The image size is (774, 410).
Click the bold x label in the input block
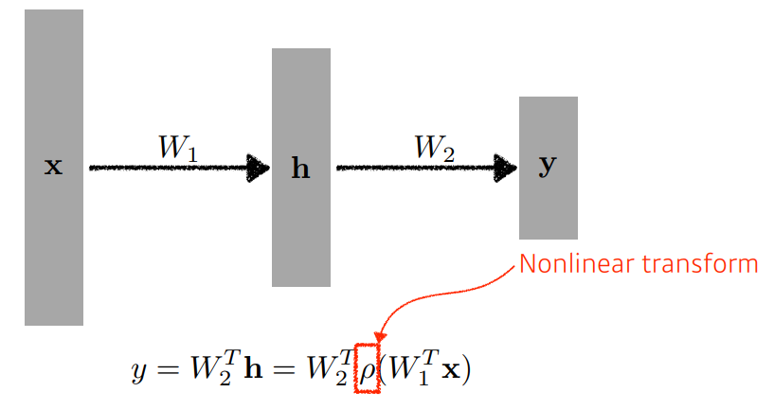[x=54, y=168]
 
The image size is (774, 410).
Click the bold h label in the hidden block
[x=300, y=169]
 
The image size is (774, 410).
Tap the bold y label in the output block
[x=548, y=167]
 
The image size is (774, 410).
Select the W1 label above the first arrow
[x=178, y=148]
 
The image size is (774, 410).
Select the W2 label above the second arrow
[x=435, y=148]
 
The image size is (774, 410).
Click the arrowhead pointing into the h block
[x=259, y=169]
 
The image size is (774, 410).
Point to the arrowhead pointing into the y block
[x=506, y=169]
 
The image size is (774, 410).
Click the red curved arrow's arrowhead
[x=380, y=335]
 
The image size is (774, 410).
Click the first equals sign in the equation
[x=168, y=367]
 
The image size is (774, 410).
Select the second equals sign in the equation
[x=278, y=367]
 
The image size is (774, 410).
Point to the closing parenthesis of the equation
[x=465, y=367]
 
